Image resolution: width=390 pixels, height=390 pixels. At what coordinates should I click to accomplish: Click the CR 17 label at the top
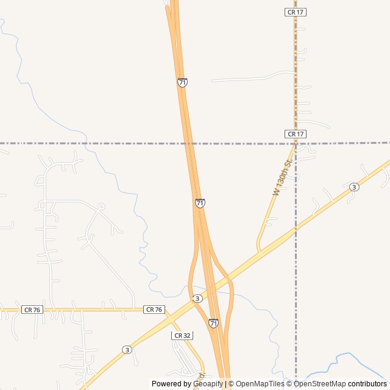(x=295, y=12)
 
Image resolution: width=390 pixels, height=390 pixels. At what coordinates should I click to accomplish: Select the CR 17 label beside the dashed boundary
(x=295, y=134)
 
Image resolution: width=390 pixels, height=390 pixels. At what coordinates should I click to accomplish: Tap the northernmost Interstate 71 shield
(x=182, y=82)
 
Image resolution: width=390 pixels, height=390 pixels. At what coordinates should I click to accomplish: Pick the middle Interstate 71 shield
(x=200, y=203)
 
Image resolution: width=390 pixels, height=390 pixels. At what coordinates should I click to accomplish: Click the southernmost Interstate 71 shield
(x=213, y=323)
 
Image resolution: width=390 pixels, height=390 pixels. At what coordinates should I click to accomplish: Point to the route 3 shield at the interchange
(x=197, y=299)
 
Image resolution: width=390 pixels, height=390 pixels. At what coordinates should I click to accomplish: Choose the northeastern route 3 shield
(x=354, y=187)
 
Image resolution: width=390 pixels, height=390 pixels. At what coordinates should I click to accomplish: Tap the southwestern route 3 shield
(x=126, y=350)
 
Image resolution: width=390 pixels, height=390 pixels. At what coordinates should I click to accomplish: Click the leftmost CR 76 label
(x=32, y=310)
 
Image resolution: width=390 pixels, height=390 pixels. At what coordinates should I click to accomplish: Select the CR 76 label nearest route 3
(x=154, y=310)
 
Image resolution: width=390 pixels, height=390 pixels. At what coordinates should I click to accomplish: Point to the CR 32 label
(x=182, y=336)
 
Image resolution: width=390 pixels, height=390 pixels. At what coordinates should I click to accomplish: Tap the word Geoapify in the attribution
(x=208, y=384)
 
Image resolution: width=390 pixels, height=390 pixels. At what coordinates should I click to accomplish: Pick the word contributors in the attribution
(x=367, y=384)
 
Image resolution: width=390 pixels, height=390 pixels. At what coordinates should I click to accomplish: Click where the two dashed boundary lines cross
(x=296, y=143)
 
